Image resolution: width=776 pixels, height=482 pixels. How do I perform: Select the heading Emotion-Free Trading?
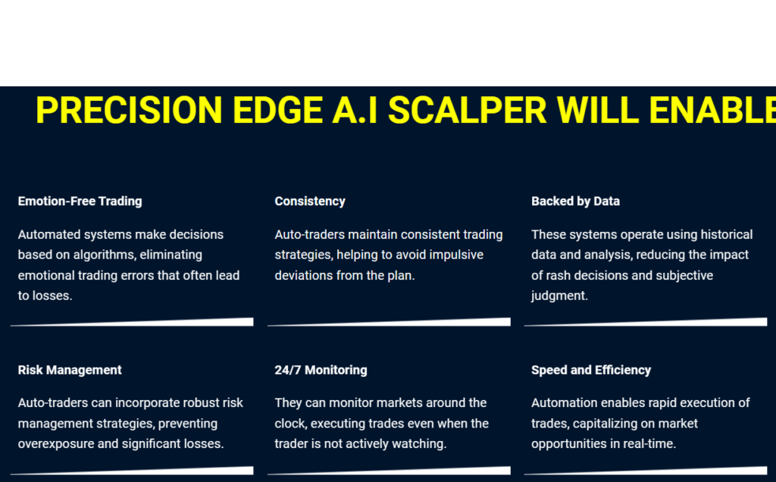pos(80,201)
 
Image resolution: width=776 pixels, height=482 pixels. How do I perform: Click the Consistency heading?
pos(310,201)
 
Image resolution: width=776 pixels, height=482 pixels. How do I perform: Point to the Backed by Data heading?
pos(575,201)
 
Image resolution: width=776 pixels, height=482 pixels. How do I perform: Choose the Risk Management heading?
pos(70,370)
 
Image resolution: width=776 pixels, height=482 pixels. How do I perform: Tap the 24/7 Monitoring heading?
pos(321,370)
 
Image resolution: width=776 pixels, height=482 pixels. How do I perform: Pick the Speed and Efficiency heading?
pos(591,370)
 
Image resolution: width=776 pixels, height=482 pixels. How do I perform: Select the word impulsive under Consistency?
pos(452,255)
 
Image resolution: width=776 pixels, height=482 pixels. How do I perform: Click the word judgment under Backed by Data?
pos(559,296)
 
